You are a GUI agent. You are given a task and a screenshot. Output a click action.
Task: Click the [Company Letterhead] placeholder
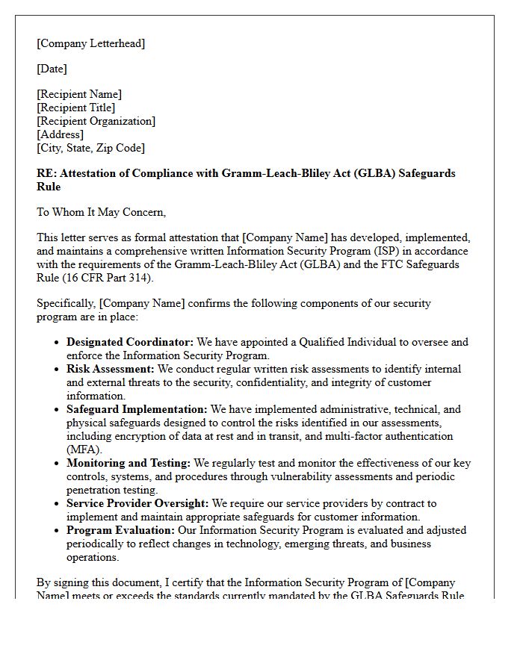91,43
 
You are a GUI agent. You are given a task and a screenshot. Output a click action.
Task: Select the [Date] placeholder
52,69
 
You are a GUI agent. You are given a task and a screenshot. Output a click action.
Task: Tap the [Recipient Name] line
79,94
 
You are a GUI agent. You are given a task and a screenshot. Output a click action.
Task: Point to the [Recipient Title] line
76,108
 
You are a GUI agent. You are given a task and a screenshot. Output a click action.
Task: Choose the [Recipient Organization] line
96,121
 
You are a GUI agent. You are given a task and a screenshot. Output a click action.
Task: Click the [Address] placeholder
60,134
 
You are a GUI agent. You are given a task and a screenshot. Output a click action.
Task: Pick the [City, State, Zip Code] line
91,148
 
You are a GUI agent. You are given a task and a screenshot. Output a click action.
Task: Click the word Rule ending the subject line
49,187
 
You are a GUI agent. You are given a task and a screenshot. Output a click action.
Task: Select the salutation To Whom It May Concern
102,212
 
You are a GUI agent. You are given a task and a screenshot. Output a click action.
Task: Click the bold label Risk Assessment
110,369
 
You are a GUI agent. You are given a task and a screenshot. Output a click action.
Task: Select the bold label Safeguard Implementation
137,409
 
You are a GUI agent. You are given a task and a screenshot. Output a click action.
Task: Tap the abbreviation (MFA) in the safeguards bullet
84,449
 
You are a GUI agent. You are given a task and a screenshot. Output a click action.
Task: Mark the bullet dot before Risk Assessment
58,370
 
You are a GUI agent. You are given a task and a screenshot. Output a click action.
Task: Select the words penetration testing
112,490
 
